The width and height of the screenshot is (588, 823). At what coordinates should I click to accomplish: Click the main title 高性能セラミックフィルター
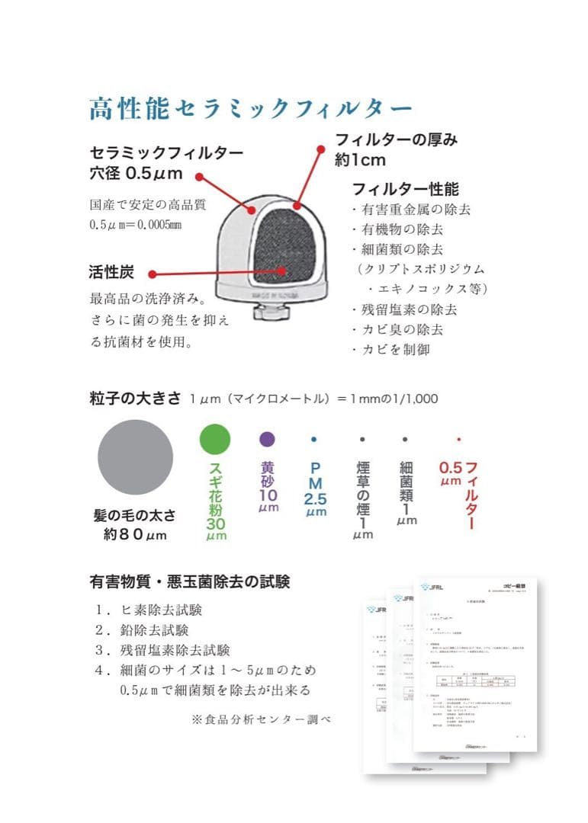[x=251, y=109]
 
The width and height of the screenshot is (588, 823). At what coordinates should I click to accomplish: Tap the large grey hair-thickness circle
[x=135, y=457]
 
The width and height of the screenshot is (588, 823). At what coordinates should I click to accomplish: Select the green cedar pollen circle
[x=214, y=439]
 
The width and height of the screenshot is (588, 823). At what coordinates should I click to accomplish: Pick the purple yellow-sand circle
[x=267, y=439]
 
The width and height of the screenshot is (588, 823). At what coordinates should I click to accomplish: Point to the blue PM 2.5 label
[x=315, y=488]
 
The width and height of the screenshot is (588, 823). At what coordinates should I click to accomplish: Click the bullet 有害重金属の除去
[x=411, y=209]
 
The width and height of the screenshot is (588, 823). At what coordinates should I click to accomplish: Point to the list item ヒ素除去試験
[x=159, y=610]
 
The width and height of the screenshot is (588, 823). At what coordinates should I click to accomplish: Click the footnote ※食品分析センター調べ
[x=262, y=719]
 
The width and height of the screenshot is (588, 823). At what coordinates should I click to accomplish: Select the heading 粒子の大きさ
[x=135, y=398]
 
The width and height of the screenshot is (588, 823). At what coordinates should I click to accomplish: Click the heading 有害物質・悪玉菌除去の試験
[x=190, y=582]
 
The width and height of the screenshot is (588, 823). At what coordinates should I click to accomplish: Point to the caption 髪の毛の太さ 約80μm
[x=135, y=524]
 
